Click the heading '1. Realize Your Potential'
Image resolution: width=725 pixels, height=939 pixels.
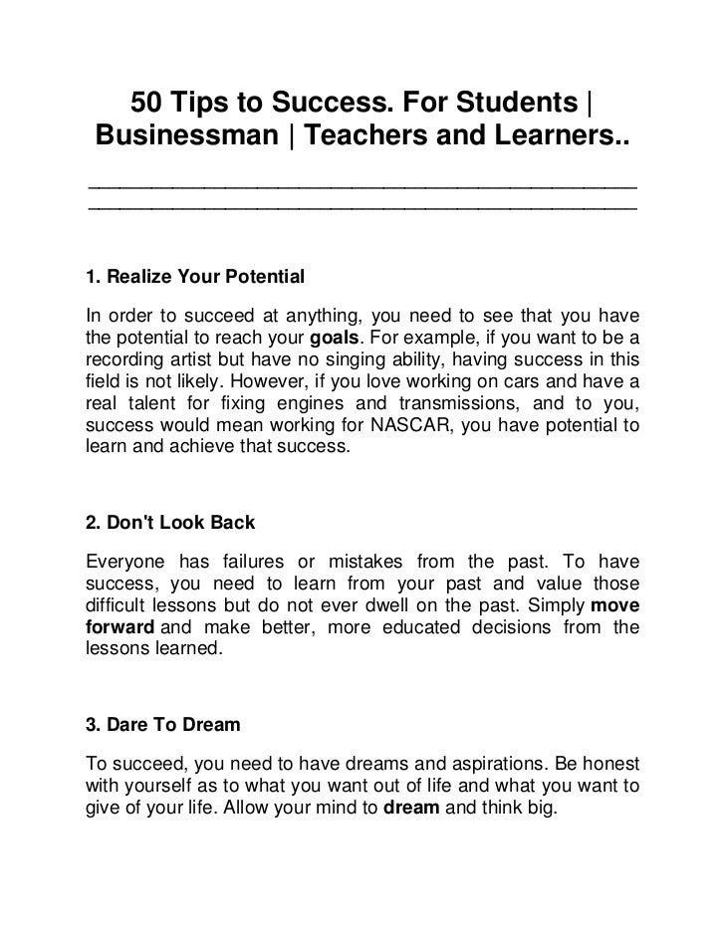[x=195, y=274]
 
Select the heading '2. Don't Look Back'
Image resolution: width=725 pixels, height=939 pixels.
[x=172, y=522]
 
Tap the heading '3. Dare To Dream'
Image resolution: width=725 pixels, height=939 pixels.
[x=164, y=726]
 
